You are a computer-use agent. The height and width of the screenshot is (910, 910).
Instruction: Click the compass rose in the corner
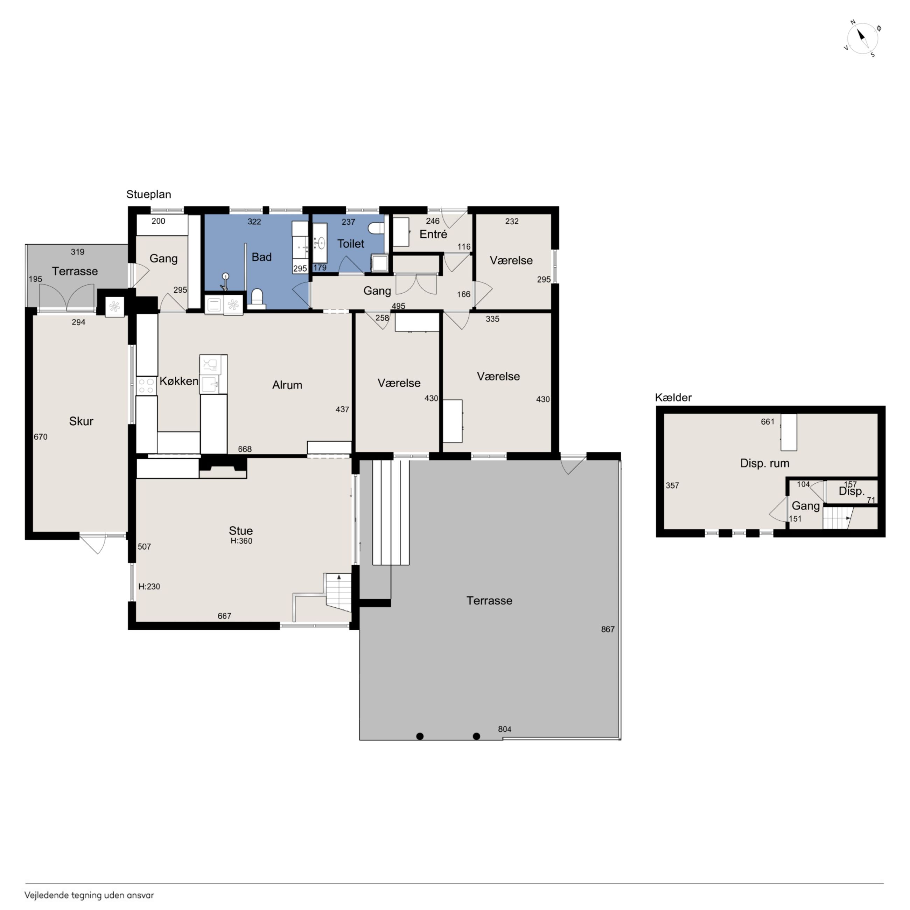[862, 38]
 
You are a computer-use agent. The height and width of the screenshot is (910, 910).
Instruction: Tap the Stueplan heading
[148, 195]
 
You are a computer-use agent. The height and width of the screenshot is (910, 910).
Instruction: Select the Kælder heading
[673, 398]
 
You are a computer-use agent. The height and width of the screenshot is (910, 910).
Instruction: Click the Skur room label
[81, 421]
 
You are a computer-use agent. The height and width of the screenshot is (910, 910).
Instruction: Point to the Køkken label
[178, 381]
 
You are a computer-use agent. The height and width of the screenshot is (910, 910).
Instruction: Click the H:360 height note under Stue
[241, 541]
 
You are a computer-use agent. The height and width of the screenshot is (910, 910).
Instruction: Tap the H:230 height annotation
[149, 586]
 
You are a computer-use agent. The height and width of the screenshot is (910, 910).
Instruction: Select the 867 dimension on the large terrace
[608, 629]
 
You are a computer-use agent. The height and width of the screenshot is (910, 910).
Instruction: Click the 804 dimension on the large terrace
[504, 729]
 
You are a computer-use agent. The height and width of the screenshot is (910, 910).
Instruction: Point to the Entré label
[433, 234]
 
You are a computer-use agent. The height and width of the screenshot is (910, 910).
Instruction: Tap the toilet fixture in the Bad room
[257, 298]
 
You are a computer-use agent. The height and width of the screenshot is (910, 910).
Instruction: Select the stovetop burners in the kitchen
[146, 386]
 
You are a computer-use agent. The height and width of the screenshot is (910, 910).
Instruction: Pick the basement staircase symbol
[838, 518]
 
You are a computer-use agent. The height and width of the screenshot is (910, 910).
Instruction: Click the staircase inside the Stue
[338, 593]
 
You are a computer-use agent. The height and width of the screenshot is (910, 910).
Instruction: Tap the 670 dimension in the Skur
[41, 437]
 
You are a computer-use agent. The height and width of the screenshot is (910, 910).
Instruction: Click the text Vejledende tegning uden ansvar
[89, 895]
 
